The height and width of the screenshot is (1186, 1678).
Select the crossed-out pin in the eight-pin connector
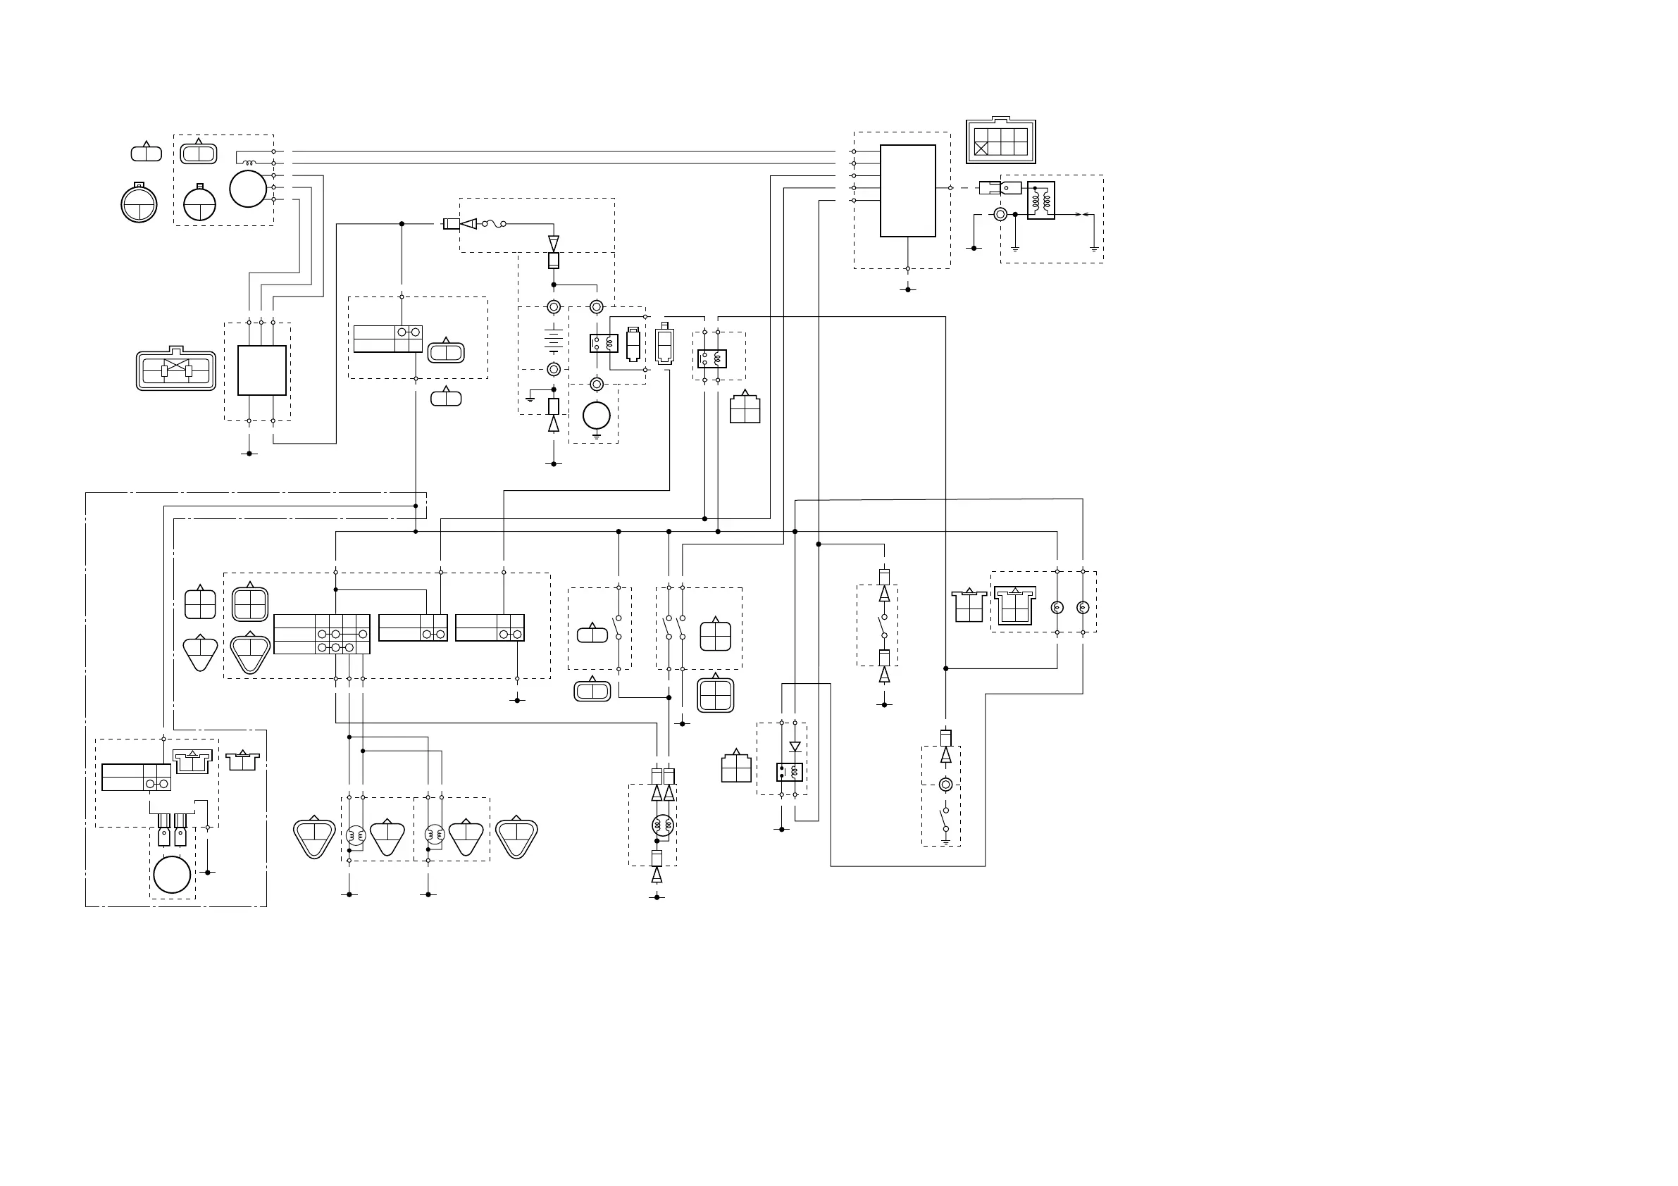point(981,149)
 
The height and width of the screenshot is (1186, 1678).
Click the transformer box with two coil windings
point(1040,200)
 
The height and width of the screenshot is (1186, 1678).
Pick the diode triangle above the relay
point(795,747)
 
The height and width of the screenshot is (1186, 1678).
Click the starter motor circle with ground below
point(597,416)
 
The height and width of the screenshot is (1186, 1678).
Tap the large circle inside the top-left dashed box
point(249,189)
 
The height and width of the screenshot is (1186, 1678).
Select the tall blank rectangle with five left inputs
point(908,191)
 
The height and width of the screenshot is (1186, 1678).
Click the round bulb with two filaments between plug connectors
point(662,825)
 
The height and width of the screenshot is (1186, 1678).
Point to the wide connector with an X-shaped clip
point(176,370)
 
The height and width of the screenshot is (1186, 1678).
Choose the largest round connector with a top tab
point(139,204)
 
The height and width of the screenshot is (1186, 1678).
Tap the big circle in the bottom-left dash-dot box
point(172,874)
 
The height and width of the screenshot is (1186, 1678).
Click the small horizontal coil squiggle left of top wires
point(249,162)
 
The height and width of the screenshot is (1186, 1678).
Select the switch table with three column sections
point(321,634)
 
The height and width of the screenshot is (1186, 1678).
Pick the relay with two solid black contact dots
point(789,772)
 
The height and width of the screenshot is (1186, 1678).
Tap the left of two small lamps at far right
point(1057,607)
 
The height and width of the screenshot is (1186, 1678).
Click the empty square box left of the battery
point(261,370)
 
